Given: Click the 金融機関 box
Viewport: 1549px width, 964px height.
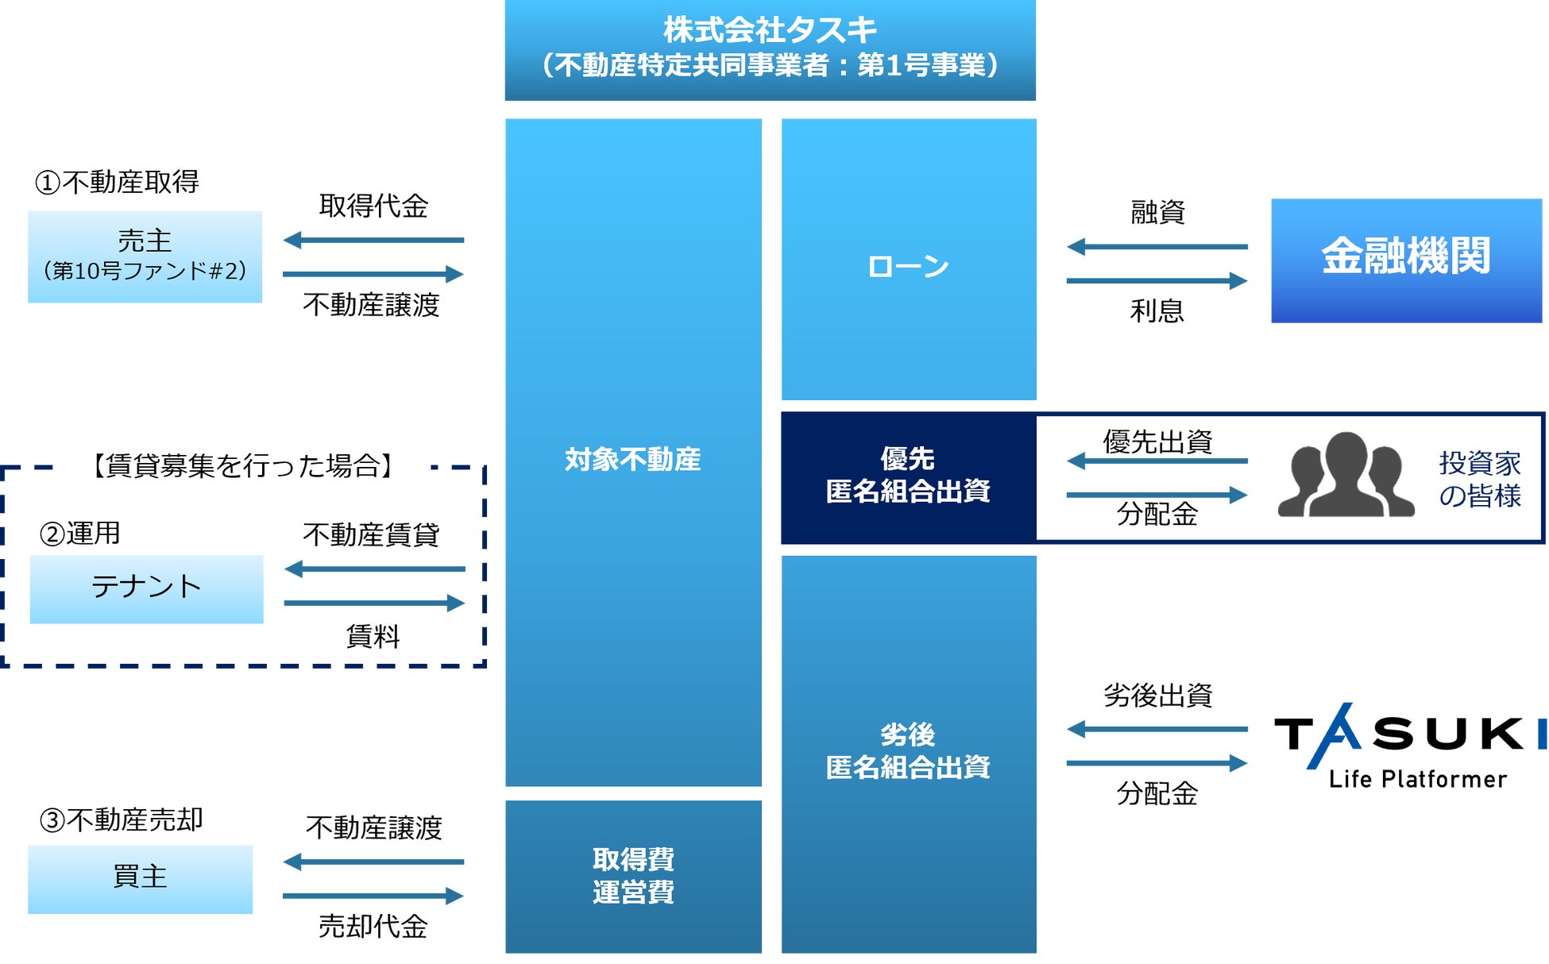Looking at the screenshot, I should (x=1406, y=260).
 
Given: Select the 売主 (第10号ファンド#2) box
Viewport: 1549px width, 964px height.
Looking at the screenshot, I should (x=145, y=256).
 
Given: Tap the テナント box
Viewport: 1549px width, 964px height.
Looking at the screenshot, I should (x=146, y=588).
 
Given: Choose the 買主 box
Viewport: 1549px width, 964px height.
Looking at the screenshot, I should (x=140, y=878).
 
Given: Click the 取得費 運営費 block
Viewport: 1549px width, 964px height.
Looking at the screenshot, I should (x=633, y=876).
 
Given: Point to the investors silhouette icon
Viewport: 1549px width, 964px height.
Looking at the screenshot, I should (x=1346, y=476).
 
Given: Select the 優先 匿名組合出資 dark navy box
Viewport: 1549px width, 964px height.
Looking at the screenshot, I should (x=908, y=476).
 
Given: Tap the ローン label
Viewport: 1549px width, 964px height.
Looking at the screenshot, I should (x=908, y=267).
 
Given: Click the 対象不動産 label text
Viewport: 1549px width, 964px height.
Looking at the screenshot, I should (x=632, y=460).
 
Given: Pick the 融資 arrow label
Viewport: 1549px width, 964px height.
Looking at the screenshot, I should (x=1157, y=213).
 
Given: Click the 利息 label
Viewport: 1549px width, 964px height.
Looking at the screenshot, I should (x=1157, y=310).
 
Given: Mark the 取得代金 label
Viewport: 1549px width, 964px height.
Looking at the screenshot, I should (x=373, y=206).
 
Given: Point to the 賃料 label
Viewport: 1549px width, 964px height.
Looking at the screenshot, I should (x=373, y=636).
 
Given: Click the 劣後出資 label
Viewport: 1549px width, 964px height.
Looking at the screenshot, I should (x=1157, y=696).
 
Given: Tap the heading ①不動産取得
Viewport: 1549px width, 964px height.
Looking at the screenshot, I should (x=117, y=183).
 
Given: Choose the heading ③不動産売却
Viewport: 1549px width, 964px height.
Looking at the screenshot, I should (x=121, y=820).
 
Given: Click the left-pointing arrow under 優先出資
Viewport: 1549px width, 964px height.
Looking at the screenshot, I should (x=1157, y=461).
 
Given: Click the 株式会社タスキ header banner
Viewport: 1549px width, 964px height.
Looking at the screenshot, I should (x=770, y=49).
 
